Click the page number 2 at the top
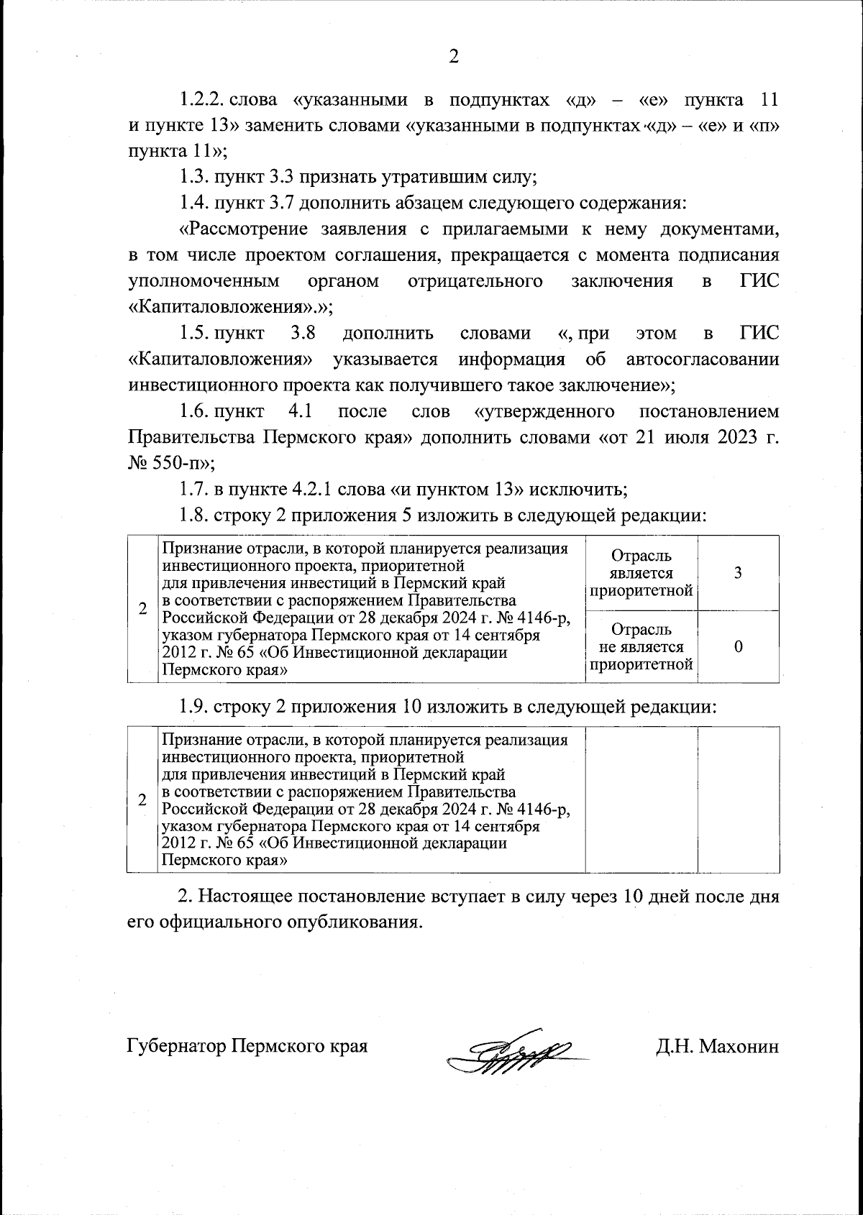454,57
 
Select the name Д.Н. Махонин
717,1045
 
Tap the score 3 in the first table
738,573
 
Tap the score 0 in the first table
738,646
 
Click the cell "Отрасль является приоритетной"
641,573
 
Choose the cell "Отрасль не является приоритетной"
641,646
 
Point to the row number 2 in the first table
142,609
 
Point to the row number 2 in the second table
142,800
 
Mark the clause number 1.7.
193,490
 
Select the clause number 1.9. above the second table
193,707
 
